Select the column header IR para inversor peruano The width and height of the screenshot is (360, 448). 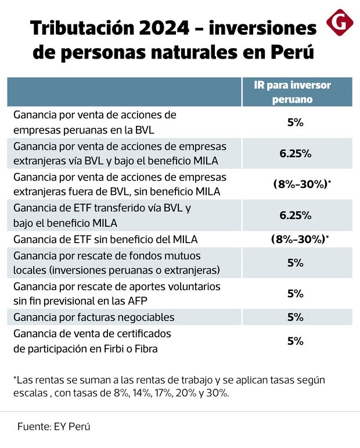coord(296,92)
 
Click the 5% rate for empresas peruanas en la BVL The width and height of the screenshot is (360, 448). coord(296,123)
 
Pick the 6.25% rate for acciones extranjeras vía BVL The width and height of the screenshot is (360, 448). coord(296,153)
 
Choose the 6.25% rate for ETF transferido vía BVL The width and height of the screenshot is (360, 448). coord(296,215)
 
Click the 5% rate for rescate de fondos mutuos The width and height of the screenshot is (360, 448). coord(296,263)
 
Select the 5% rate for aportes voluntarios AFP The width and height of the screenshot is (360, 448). coord(296,294)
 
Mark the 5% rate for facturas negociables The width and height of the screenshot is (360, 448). coord(296,317)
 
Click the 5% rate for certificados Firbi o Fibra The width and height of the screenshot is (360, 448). coord(296,341)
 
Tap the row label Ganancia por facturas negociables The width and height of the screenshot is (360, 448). coord(93,317)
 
